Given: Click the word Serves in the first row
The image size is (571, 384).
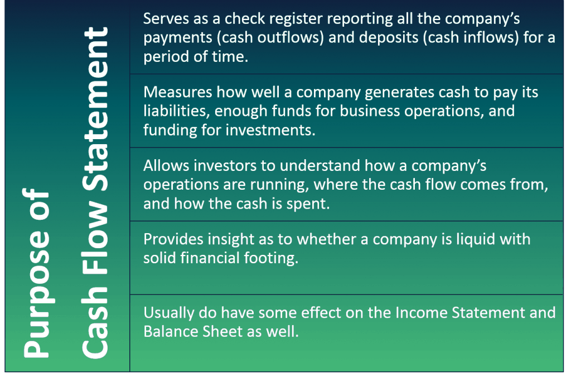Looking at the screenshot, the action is (x=166, y=18).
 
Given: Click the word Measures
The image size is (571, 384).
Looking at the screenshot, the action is (x=178, y=92).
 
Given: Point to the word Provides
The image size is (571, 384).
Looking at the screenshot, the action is (x=173, y=239).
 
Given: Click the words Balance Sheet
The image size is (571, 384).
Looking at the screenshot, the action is (x=193, y=332).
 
